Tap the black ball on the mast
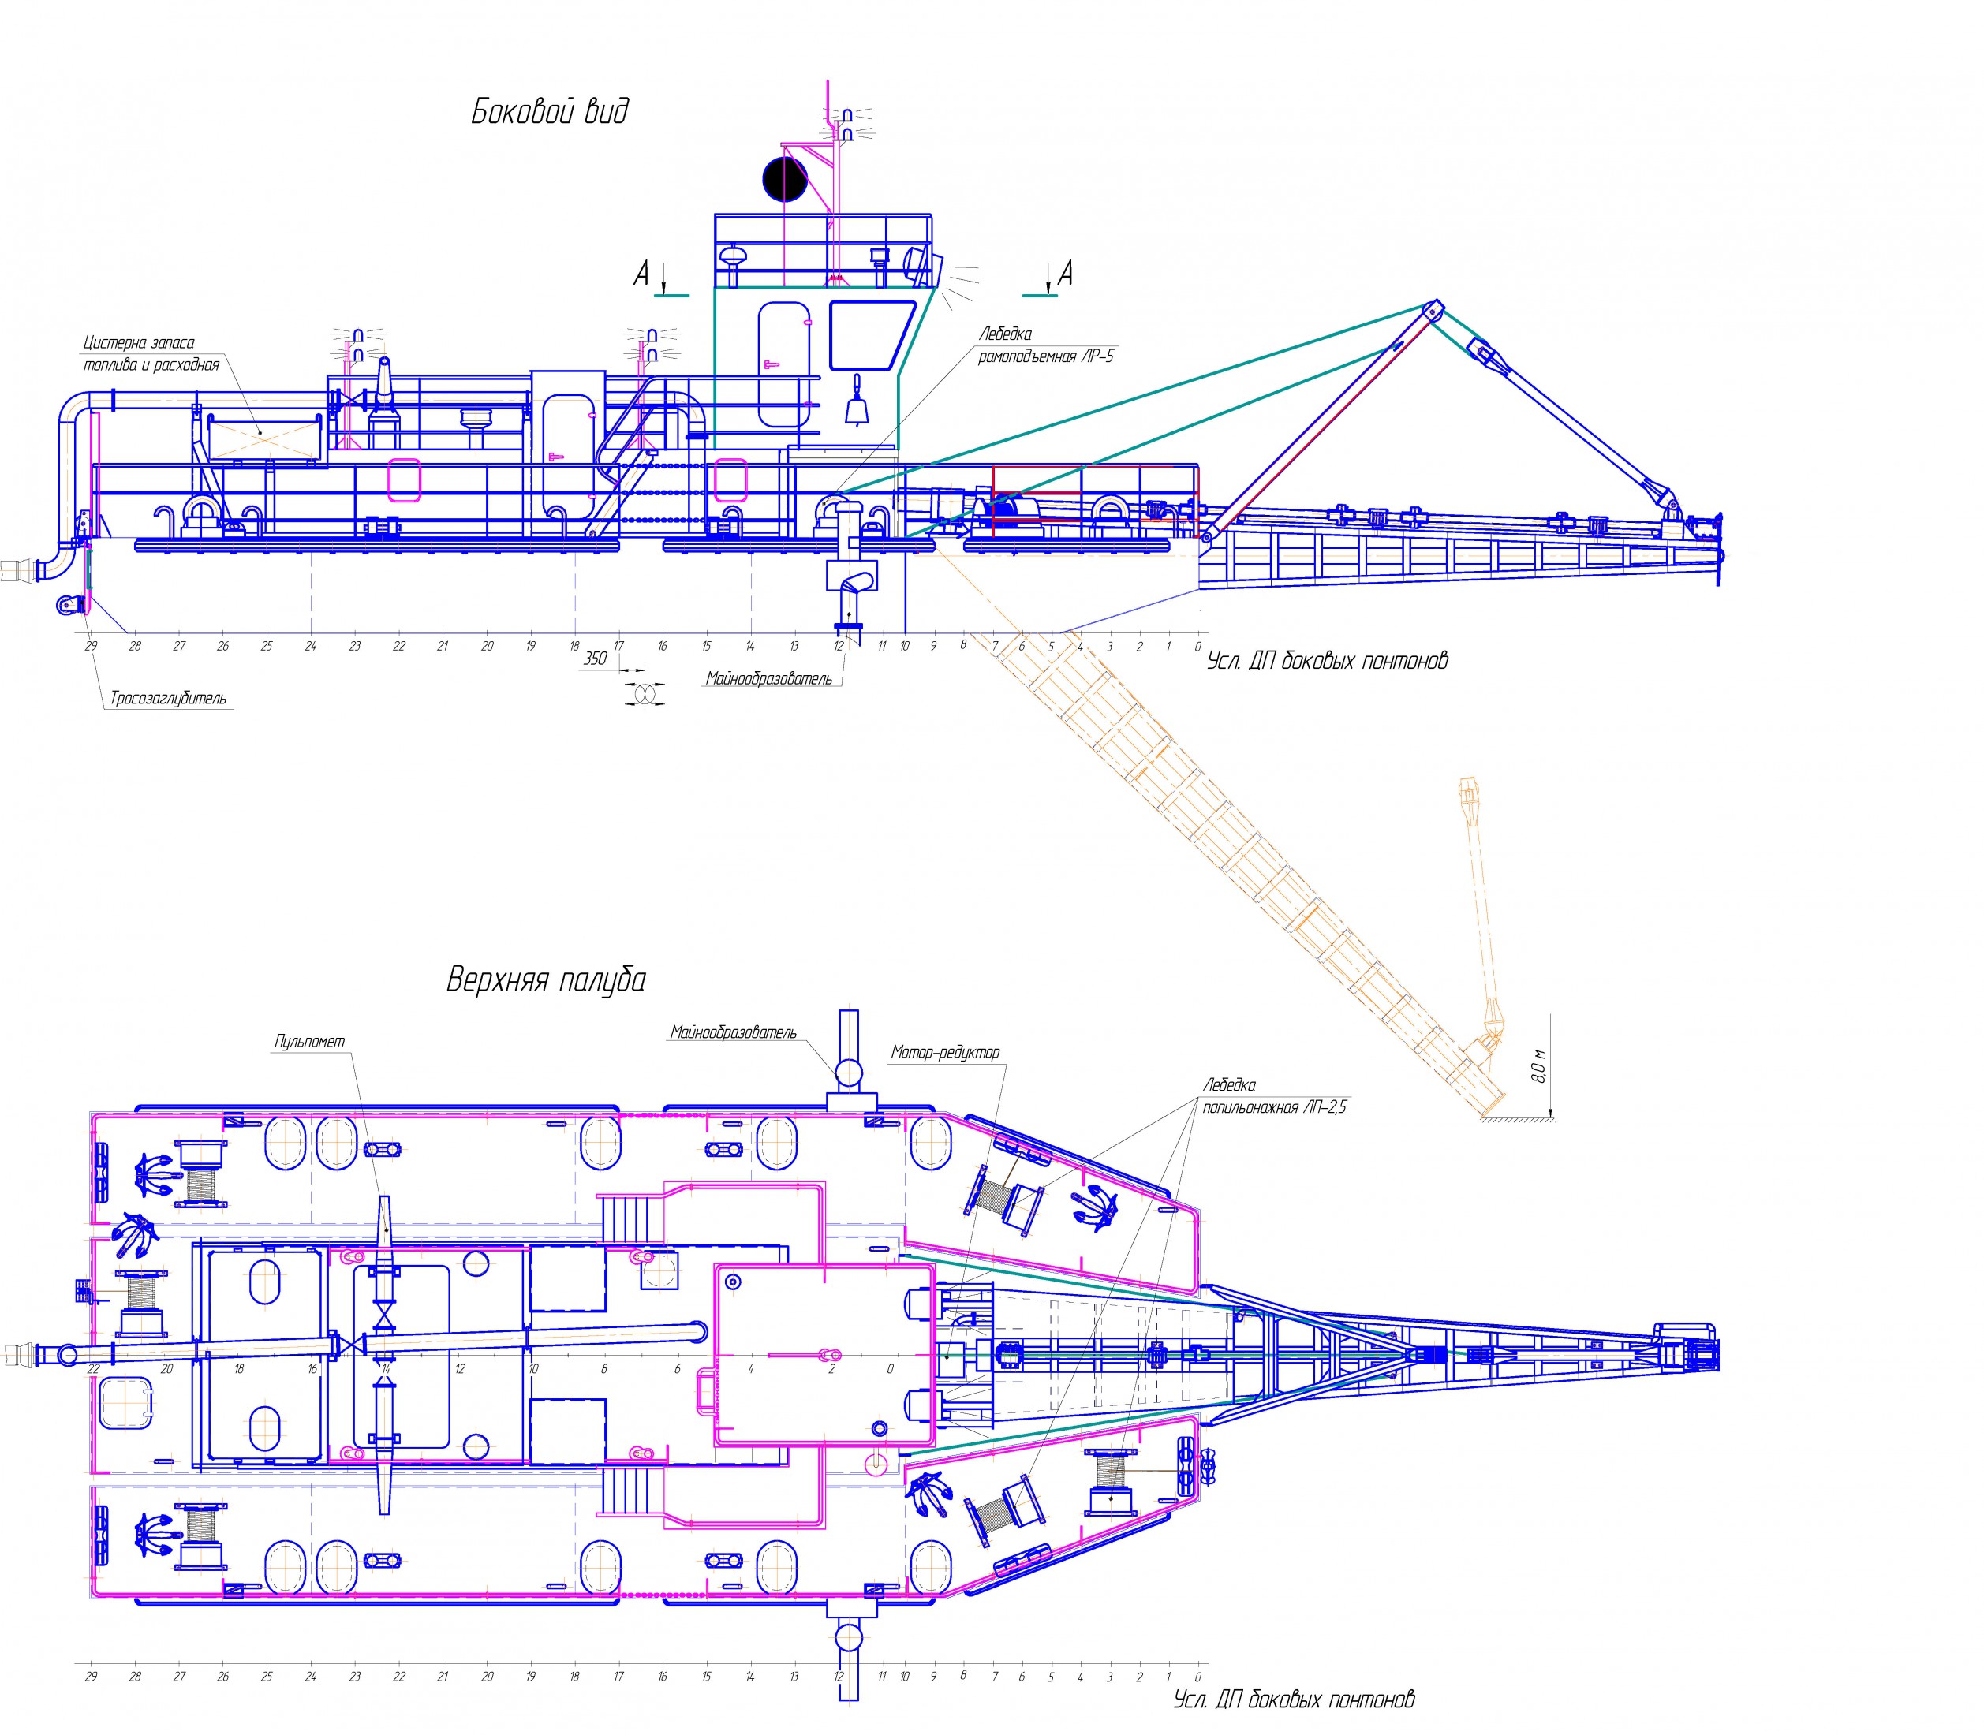tap(784, 179)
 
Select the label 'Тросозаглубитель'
tap(169, 698)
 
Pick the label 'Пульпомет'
tap(310, 1042)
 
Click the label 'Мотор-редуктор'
tap(945, 1052)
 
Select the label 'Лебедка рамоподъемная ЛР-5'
tap(1046, 345)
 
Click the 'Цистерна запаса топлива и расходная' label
tap(152, 353)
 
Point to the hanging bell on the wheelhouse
tap(857, 408)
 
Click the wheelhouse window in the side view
tap(872, 335)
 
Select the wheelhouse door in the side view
tap(784, 365)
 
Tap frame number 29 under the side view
tap(91, 647)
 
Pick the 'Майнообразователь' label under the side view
tap(769, 679)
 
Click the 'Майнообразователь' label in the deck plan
tap(733, 1033)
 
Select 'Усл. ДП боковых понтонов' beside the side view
tap(1328, 662)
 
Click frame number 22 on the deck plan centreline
tap(93, 1369)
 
